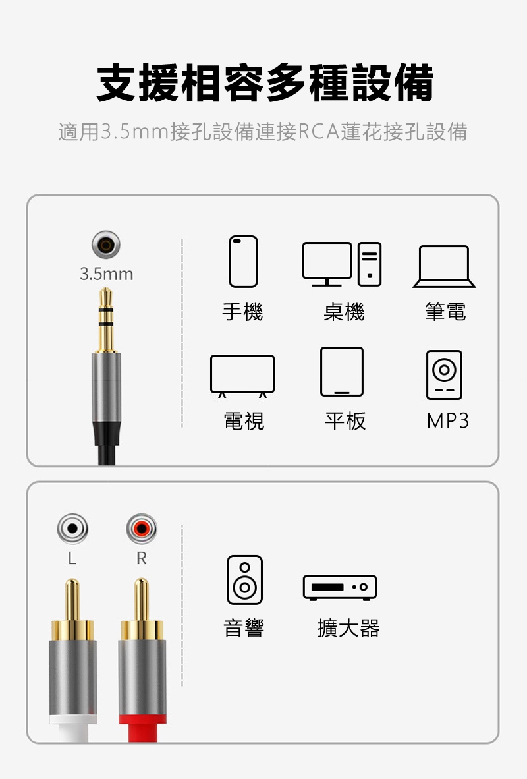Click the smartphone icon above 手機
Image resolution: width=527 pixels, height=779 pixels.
click(x=243, y=262)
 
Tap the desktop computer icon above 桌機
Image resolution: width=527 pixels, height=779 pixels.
click(x=342, y=264)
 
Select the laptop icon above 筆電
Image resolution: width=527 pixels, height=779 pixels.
click(x=444, y=266)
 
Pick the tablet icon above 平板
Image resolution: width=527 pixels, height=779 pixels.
click(x=342, y=372)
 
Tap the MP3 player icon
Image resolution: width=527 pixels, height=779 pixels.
click(x=444, y=374)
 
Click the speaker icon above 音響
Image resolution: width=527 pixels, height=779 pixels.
click(x=244, y=580)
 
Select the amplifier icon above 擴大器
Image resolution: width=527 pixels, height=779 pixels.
click(x=340, y=587)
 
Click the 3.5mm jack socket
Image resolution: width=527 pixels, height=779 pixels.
click(x=106, y=245)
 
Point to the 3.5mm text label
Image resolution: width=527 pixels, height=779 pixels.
click(x=106, y=274)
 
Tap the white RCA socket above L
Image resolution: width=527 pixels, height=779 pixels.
click(x=72, y=529)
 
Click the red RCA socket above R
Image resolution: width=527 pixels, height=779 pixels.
click(x=142, y=529)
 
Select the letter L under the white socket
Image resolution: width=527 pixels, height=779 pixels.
click(x=72, y=558)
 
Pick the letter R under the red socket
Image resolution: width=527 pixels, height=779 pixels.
click(x=142, y=558)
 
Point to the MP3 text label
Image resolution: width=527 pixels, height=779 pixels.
click(x=447, y=420)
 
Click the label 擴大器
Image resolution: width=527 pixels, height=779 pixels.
click(x=348, y=628)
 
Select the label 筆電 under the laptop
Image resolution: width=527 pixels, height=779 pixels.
click(x=445, y=312)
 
